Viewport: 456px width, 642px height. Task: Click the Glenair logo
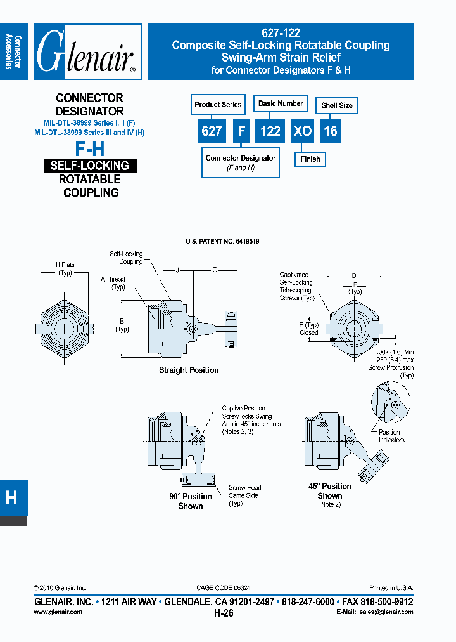[x=87, y=52]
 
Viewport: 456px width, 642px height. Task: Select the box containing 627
[x=212, y=131]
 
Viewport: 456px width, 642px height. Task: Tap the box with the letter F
[x=241, y=131]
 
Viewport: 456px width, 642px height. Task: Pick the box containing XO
[x=303, y=131]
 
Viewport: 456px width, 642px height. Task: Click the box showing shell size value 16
[x=331, y=131]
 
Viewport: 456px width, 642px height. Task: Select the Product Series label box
[x=218, y=105]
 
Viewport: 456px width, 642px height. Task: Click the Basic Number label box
[x=281, y=103]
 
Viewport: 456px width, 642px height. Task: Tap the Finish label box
[x=310, y=159]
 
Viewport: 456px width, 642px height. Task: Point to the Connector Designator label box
[x=241, y=162]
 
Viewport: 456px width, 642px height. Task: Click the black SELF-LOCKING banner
[x=90, y=166]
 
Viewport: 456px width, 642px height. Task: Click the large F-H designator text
[x=90, y=150]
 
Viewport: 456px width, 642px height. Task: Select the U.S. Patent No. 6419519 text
[x=222, y=242]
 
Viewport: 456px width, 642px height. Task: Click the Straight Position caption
[x=189, y=370]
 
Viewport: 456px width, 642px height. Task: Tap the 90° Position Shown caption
[x=191, y=501]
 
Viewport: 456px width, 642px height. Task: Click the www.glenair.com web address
[x=58, y=612]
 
